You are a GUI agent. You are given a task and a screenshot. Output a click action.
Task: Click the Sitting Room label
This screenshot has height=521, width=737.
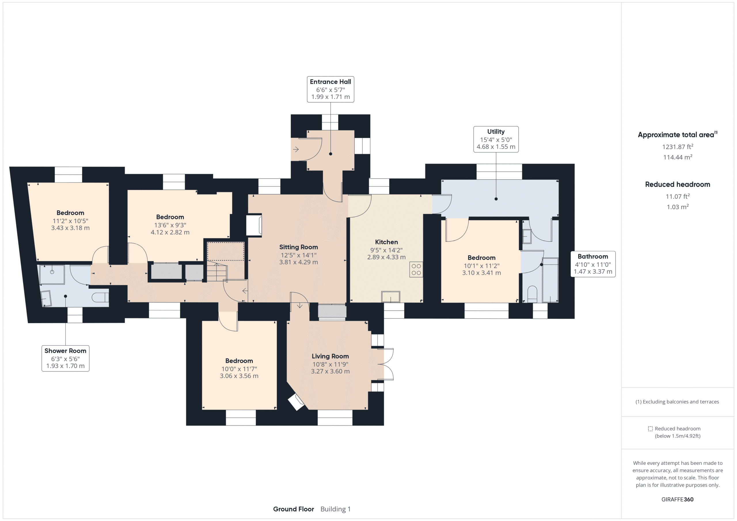point(298,247)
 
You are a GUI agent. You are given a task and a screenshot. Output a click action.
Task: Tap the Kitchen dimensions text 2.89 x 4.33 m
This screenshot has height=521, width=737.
point(386,257)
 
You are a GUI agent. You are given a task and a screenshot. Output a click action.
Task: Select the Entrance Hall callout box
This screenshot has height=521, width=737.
point(330,89)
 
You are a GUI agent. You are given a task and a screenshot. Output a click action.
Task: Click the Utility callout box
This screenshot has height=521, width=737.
point(496,139)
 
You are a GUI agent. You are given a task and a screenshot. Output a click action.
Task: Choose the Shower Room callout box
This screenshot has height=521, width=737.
point(65,358)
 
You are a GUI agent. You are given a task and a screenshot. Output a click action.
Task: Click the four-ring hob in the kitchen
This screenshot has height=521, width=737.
point(416,270)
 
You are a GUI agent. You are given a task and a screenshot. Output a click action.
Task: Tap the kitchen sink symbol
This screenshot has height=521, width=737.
point(390,296)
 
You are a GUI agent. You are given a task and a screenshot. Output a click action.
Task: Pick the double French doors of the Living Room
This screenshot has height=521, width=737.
point(388,364)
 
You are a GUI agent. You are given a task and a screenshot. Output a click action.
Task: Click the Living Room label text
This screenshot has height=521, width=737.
point(330,356)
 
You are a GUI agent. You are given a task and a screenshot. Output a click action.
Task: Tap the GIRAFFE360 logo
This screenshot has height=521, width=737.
point(677,499)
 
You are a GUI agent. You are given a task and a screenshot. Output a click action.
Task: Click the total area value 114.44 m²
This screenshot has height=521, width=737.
point(677,157)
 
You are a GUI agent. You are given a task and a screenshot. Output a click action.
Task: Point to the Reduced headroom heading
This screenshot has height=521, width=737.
point(677,184)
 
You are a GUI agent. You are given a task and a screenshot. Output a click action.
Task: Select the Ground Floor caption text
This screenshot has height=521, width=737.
point(293,509)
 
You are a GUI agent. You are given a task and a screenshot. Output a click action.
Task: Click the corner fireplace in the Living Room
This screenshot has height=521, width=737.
point(296,402)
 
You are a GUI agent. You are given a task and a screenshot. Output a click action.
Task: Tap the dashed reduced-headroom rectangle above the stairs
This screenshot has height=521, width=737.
point(225,251)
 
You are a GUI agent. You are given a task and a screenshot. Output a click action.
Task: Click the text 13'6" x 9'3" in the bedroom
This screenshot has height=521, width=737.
point(170,225)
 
